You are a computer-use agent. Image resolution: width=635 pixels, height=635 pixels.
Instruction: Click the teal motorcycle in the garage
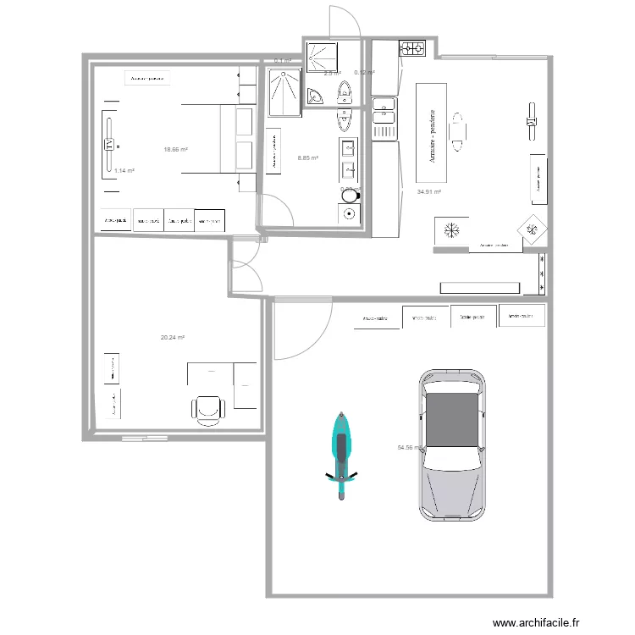tap(340, 455)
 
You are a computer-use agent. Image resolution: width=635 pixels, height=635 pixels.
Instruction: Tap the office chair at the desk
tap(209, 407)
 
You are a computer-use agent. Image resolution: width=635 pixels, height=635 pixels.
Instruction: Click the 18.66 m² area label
tap(175, 150)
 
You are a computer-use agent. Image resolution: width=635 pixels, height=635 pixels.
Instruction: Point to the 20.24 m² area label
tap(172, 337)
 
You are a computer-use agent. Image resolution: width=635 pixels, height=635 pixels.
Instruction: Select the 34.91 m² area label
tap(429, 191)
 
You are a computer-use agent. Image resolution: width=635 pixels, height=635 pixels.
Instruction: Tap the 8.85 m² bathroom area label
tap(307, 157)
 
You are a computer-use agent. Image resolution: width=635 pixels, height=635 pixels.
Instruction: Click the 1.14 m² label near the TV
tap(124, 170)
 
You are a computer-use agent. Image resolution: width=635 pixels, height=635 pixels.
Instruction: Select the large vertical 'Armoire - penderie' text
tap(433, 133)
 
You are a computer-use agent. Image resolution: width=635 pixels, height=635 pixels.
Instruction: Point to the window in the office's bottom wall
tap(144, 439)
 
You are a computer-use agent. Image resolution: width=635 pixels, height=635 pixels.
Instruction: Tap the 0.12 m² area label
tap(364, 72)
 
